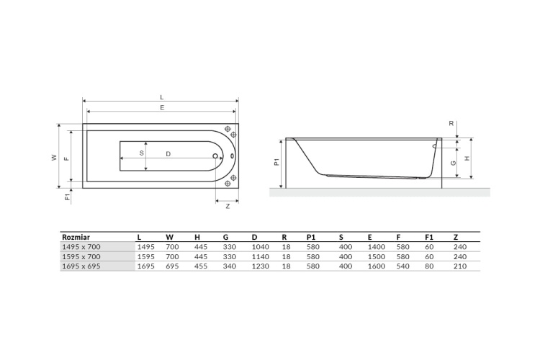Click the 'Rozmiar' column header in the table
(76, 235)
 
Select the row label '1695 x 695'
(82, 266)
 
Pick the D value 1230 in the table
(260, 266)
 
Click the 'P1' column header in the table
(312, 235)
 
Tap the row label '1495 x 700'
(82, 246)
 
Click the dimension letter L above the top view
(161, 96)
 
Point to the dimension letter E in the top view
(161, 108)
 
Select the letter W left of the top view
(54, 156)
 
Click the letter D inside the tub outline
(168, 153)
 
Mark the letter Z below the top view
(228, 206)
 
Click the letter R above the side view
(451, 123)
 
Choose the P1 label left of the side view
(277, 163)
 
